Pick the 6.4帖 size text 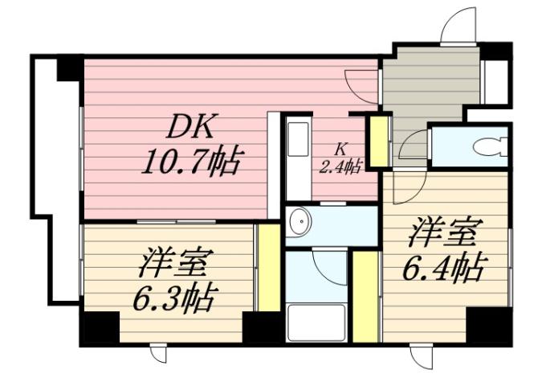(x=443, y=266)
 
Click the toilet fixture (x=488, y=146)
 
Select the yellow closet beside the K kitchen (x=379, y=141)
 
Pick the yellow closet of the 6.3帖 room (x=270, y=268)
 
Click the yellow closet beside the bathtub (x=366, y=295)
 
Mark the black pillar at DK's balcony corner (x=70, y=68)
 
